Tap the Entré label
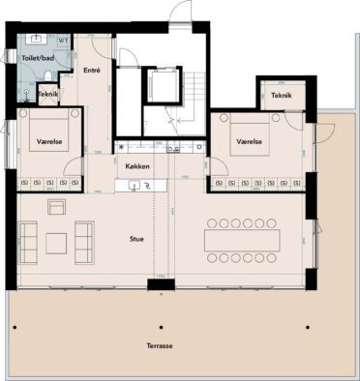[x=93, y=71]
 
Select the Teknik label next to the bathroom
[x=48, y=94]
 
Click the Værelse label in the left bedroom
[x=50, y=141]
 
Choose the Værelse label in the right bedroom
[x=249, y=138]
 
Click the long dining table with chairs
[x=243, y=238]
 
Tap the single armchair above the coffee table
[x=55, y=207]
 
